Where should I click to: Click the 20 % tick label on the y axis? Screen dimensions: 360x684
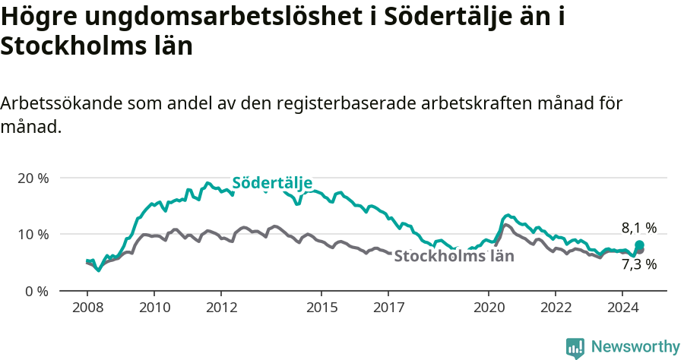point(33,178)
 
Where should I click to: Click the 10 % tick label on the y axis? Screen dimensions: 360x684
point(33,234)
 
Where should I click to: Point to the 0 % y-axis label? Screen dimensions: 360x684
point(36,291)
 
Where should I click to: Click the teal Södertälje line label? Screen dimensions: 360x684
point(272,183)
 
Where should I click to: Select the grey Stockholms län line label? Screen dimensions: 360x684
point(454,256)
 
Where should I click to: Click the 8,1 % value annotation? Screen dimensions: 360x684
point(638,227)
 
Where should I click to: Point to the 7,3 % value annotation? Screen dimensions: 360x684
point(638,264)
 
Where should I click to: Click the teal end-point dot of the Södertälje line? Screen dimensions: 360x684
point(639,245)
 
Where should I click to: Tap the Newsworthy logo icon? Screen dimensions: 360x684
point(575,347)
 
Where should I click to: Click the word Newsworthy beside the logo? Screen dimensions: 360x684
point(635,347)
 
